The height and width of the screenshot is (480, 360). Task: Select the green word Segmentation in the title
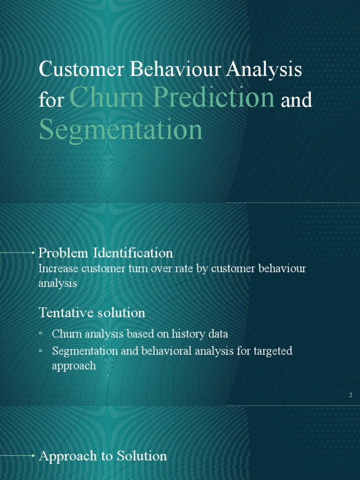(121, 130)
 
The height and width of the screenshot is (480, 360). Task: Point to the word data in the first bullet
(217, 334)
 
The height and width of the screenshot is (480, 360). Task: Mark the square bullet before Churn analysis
(41, 333)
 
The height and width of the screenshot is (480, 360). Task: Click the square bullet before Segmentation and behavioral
(41, 350)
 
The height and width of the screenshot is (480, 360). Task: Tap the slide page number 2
(350, 396)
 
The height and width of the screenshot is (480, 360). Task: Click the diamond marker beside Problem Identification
(32, 253)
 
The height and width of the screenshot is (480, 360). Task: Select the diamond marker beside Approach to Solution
(32, 456)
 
